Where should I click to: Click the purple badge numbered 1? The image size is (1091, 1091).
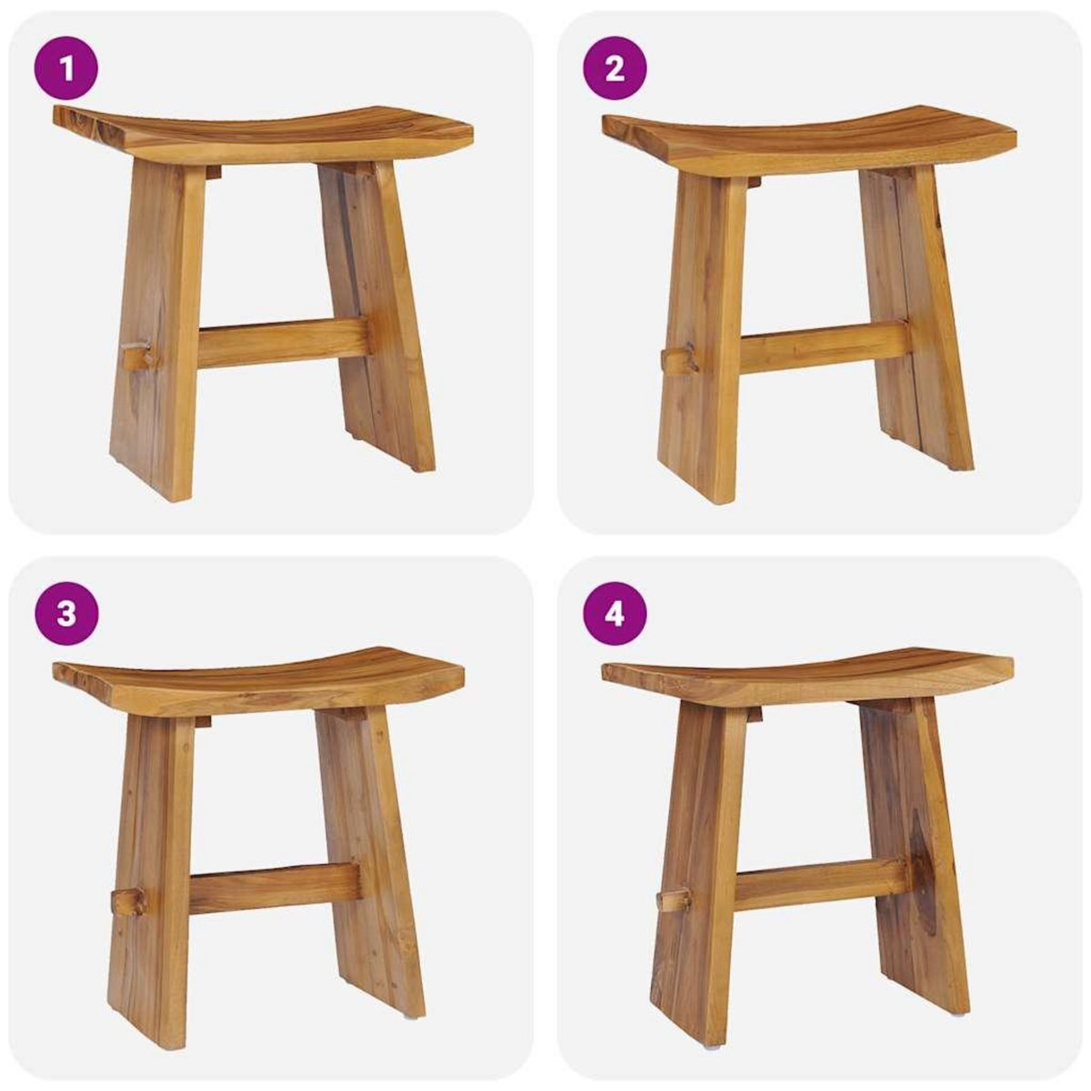65,68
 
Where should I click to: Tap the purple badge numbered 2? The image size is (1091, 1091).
614,68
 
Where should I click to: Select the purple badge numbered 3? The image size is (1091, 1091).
65,614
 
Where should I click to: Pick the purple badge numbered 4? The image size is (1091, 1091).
614,614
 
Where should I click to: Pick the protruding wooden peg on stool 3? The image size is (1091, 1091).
128,901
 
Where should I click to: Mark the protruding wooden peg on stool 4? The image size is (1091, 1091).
672,900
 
